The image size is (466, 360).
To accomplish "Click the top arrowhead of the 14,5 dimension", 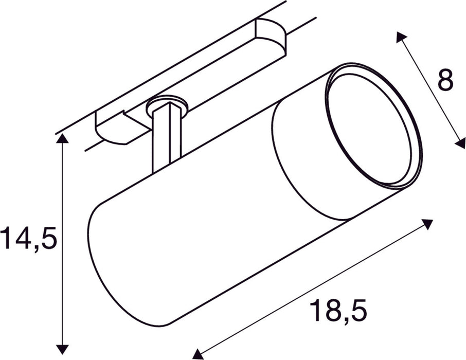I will [x=62, y=138].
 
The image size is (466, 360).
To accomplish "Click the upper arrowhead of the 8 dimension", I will [x=401, y=37].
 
